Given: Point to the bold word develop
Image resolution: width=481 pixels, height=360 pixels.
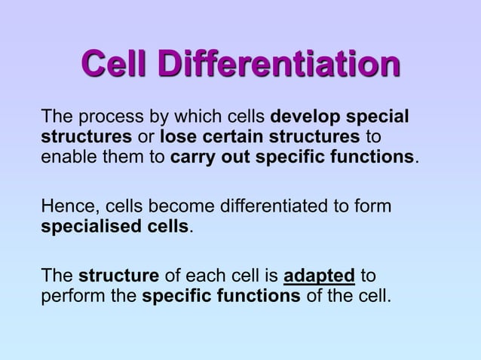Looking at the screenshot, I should point(304,118).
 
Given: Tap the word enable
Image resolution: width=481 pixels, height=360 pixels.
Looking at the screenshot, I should point(66,158).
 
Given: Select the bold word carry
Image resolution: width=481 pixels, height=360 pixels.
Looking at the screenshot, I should point(195,158).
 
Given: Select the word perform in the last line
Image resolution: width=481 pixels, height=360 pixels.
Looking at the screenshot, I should point(72,295).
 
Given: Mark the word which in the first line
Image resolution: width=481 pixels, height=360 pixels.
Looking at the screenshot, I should point(200,118).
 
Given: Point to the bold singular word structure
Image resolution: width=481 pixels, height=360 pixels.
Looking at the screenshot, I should point(118,276).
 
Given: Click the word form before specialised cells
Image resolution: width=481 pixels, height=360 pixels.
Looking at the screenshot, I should point(375,206).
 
